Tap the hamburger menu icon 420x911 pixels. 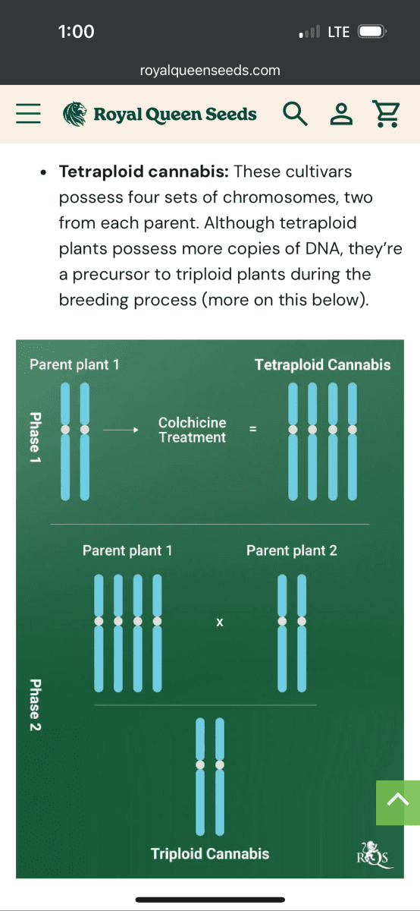(29, 113)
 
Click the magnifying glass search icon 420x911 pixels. (295, 113)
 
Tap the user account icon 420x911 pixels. (341, 113)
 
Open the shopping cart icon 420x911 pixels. (387, 114)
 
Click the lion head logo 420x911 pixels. (75, 114)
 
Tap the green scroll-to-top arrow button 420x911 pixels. (398, 802)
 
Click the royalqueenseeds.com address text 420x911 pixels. (210, 71)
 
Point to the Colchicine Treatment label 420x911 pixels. (192, 430)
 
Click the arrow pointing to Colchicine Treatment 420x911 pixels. (121, 430)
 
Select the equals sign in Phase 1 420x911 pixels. (252, 429)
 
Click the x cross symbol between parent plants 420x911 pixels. (220, 622)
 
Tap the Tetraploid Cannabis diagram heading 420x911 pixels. (322, 365)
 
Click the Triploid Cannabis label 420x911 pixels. (209, 853)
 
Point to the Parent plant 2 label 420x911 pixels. (292, 550)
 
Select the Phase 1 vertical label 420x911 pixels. (36, 437)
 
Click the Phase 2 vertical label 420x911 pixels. (36, 705)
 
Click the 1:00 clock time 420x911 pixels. (76, 32)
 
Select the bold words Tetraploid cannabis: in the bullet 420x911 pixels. (144, 172)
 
